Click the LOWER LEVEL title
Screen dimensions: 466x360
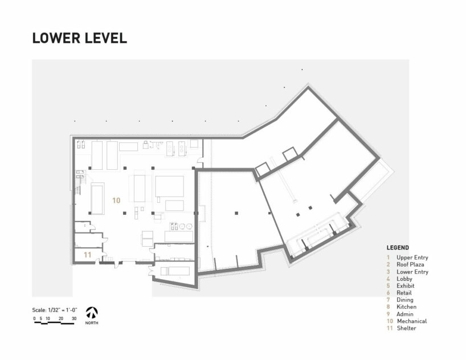pos(79,38)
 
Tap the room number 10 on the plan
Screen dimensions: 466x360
pos(116,201)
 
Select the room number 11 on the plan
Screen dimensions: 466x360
pos(87,255)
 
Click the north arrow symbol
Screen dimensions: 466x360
pos(92,313)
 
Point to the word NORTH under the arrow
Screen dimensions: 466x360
pos(92,323)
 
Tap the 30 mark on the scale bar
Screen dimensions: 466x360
pos(74,318)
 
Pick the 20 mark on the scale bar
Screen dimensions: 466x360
pos(61,318)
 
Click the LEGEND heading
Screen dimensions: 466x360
pos(398,248)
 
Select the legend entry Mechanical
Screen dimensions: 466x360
pos(412,321)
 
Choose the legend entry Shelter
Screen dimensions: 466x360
pos(406,328)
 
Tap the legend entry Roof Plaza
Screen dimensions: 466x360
pos(410,264)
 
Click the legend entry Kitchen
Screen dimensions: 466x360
pos(406,307)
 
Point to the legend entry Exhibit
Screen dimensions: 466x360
pos(406,286)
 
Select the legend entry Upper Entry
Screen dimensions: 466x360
pos(412,257)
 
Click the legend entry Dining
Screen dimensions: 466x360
pos(405,300)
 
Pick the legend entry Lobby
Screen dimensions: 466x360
pos(404,279)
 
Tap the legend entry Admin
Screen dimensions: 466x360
pos(405,314)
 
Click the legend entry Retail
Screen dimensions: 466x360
pos(404,293)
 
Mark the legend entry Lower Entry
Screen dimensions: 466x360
pos(412,272)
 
